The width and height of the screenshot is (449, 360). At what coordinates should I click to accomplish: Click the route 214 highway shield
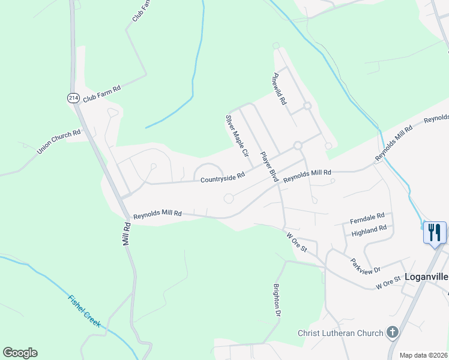pyautogui.click(x=73, y=98)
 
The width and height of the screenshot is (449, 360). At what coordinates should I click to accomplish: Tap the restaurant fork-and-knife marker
pyautogui.click(x=435, y=232)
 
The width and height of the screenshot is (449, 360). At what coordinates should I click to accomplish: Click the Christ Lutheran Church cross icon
pyautogui.click(x=392, y=332)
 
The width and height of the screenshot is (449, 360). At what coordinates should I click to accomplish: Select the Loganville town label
pyautogui.click(x=426, y=277)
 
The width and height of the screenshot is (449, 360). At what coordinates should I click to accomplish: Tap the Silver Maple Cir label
pyautogui.click(x=237, y=136)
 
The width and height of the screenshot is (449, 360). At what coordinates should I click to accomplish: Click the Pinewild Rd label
pyautogui.click(x=280, y=89)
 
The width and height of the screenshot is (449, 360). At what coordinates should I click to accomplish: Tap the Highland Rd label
pyautogui.click(x=369, y=230)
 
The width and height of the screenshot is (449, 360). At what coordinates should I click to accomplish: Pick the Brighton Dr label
pyautogui.click(x=277, y=301)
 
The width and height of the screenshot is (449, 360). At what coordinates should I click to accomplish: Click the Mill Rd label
pyautogui.click(x=127, y=233)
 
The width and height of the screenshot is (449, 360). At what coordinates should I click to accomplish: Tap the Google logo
pyautogui.click(x=20, y=353)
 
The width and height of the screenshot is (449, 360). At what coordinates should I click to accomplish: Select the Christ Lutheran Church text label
pyautogui.click(x=340, y=333)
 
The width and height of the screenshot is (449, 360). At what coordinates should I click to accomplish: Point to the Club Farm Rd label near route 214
pyautogui.click(x=101, y=92)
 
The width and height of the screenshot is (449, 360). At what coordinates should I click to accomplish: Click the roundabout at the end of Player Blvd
pyautogui.click(x=297, y=146)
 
